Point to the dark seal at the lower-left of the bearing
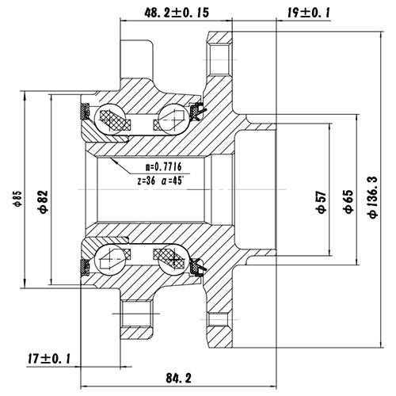click(x=83, y=265)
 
